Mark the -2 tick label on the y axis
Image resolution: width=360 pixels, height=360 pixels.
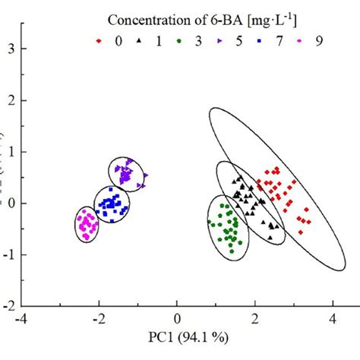10,306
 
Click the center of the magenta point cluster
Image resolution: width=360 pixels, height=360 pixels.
89,224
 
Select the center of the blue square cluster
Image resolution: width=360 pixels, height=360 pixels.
112,204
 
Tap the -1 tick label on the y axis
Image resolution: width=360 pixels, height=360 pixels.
10,254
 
